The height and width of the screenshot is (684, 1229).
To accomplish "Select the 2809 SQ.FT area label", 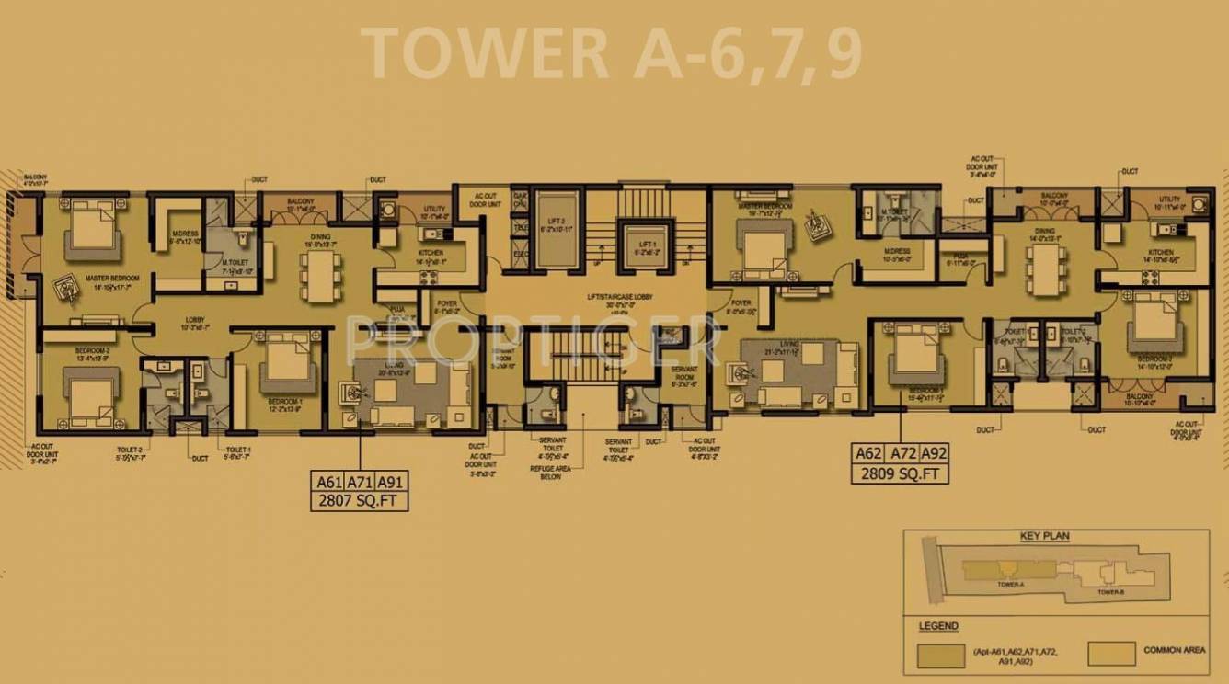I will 901,473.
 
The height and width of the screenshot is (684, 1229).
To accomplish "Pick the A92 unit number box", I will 933,454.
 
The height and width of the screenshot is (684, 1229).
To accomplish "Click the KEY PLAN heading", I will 1044,537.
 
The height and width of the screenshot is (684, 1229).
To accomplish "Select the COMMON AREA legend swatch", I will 1109,653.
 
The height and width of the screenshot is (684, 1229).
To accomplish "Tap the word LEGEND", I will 937,626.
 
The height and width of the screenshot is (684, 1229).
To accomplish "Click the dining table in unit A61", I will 319,275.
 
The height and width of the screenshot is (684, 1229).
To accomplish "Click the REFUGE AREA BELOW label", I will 552,472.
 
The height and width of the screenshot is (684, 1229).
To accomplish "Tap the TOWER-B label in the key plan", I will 1109,591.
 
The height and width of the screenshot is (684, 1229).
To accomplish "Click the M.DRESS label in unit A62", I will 897,255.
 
